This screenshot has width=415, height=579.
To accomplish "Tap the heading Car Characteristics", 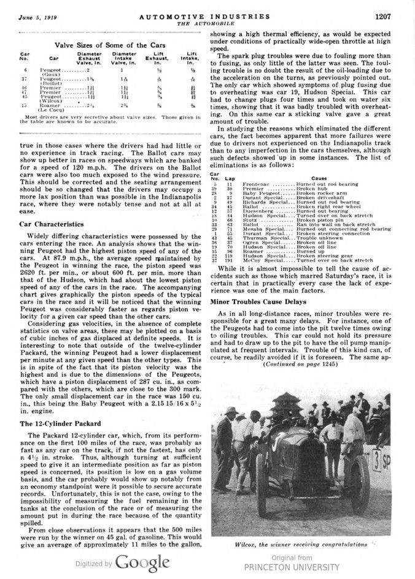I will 53,225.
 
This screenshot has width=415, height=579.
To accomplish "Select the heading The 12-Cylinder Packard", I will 61,423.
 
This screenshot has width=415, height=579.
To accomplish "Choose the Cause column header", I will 319,178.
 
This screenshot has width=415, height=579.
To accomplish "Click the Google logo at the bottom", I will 142,562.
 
